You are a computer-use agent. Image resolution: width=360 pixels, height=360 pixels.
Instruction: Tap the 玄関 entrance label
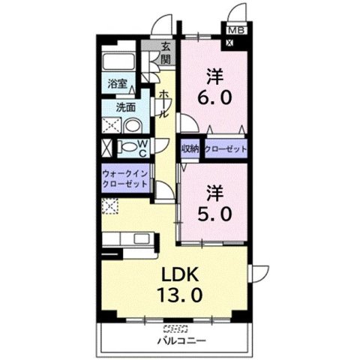click(165, 54)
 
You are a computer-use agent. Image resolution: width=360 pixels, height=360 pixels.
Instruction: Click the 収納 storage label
click(190, 148)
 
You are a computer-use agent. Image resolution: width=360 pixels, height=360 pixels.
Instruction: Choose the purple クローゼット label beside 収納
click(226, 148)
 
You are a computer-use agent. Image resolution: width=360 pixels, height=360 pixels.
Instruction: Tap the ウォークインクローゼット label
click(125, 180)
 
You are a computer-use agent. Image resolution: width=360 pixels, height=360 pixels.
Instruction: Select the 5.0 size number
click(215, 212)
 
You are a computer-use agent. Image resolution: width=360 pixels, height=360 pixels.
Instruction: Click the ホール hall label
click(162, 103)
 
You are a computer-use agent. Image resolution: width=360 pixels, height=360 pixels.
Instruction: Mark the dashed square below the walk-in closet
click(112, 206)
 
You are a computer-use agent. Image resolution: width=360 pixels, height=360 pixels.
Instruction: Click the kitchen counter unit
click(131, 241)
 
